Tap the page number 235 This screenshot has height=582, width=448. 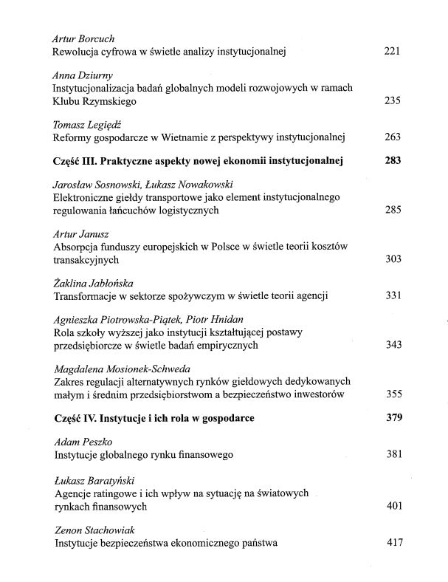[x=393, y=101]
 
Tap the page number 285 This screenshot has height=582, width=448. [x=393, y=210]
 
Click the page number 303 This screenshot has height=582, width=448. [x=393, y=260]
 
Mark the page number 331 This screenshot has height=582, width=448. [x=393, y=296]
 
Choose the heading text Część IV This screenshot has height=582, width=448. [x=77, y=418]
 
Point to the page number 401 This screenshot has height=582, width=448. [x=393, y=507]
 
